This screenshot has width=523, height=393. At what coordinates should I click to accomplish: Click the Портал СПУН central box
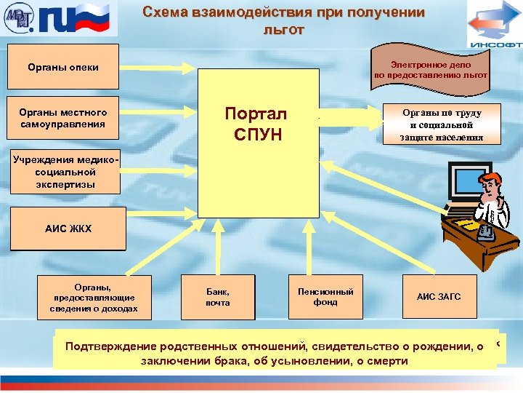pos(259,143)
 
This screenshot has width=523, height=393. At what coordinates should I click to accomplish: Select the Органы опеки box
pos(62,68)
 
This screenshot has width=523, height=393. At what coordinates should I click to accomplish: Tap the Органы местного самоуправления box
pos(62,118)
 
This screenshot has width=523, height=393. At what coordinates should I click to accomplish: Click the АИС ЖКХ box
pos(68,229)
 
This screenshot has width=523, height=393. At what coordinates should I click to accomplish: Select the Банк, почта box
pos(217,297)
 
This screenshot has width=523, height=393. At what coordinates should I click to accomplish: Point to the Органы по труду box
pos(442,124)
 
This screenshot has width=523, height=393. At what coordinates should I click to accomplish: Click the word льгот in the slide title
pos(285,31)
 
